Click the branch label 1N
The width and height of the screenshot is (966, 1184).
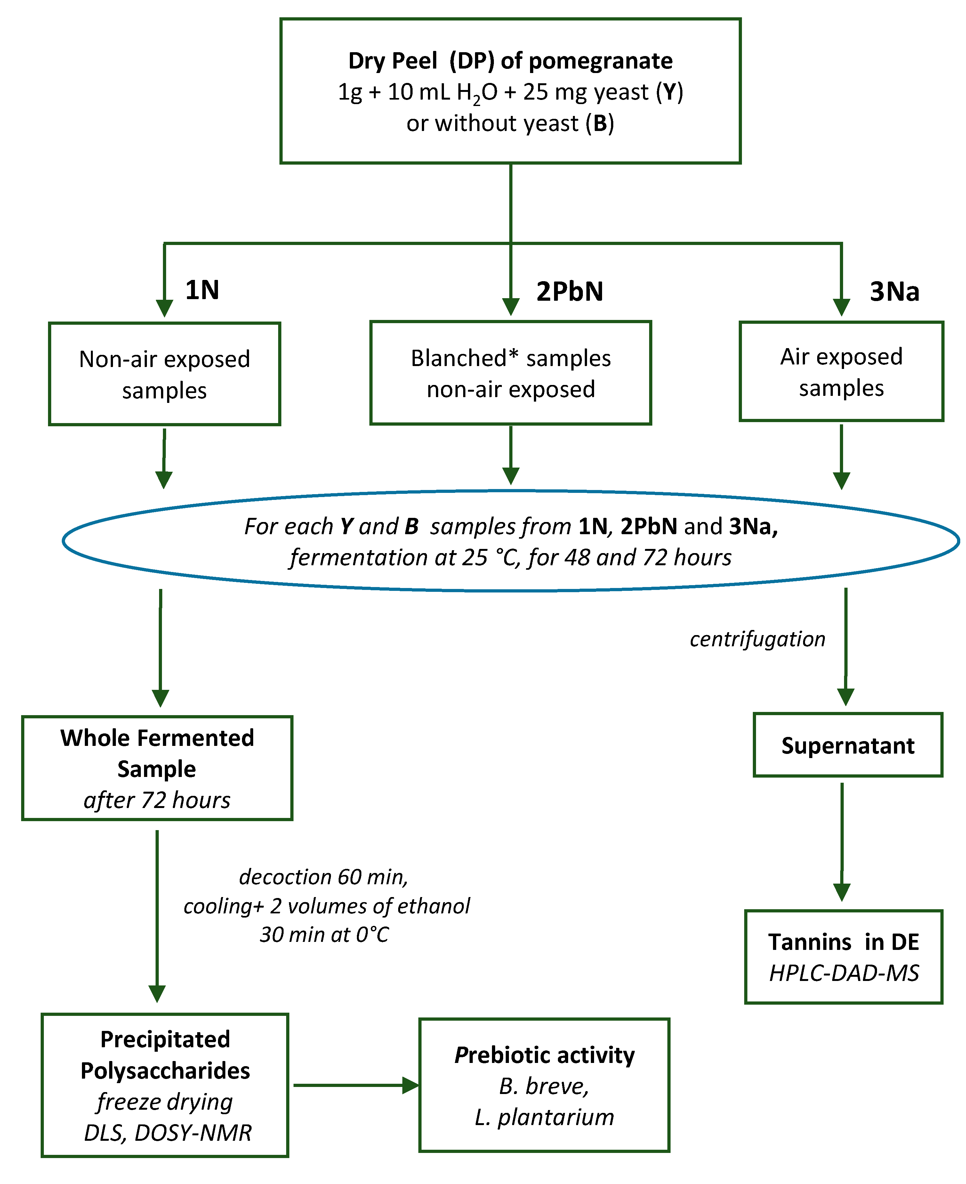coord(202,290)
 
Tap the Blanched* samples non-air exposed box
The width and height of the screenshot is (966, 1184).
coord(510,373)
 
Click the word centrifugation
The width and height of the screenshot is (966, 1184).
coord(757,639)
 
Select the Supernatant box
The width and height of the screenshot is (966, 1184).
coord(848,745)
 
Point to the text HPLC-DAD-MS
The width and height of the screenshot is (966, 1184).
coord(844,973)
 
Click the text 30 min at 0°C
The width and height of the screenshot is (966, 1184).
coord(324,935)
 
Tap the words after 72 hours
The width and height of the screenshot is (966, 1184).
coord(157,800)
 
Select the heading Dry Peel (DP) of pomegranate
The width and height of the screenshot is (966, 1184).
coord(510,61)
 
